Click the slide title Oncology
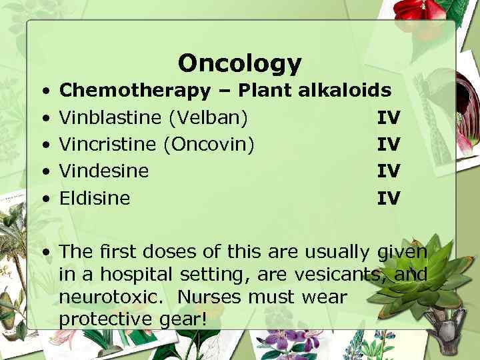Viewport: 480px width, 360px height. pyautogui.click(x=239, y=63)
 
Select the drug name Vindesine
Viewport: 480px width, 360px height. pyautogui.click(x=103, y=171)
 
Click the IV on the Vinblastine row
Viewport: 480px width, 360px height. pyautogui.click(x=389, y=118)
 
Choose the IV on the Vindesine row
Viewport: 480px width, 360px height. pyautogui.click(x=389, y=171)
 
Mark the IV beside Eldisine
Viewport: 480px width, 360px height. pyautogui.click(x=389, y=198)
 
